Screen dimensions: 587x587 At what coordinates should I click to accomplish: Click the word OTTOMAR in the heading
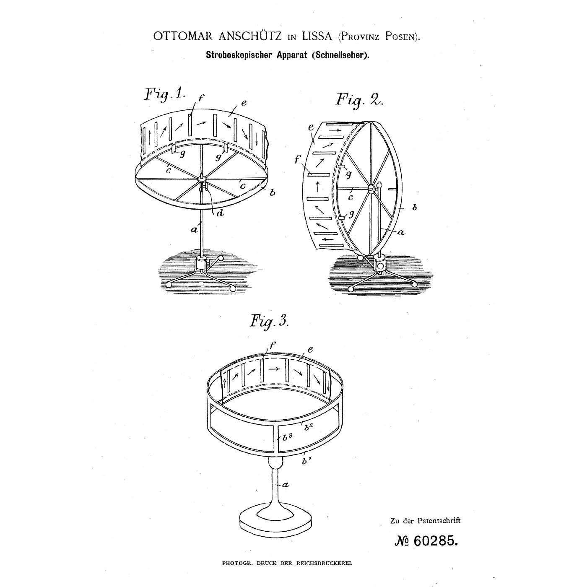click(183, 36)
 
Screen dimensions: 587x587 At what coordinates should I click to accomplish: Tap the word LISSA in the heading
click(317, 36)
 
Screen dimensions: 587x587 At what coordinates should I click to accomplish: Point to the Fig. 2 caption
click(359, 100)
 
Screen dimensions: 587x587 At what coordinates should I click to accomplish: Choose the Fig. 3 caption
click(269, 322)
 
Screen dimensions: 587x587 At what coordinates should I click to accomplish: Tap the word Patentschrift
click(439, 521)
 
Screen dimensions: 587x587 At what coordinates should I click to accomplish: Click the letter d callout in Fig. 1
click(220, 213)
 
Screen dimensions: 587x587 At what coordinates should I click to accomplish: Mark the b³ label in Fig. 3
click(287, 437)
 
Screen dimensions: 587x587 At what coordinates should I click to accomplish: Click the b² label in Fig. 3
click(309, 427)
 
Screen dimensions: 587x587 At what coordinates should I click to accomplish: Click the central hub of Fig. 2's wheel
click(371, 189)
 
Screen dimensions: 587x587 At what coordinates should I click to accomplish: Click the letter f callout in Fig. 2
click(298, 159)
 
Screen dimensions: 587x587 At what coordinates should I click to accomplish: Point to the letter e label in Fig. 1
click(244, 103)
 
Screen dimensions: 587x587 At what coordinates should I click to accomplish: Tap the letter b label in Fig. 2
click(414, 208)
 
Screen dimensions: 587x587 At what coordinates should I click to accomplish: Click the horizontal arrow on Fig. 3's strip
click(274, 369)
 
